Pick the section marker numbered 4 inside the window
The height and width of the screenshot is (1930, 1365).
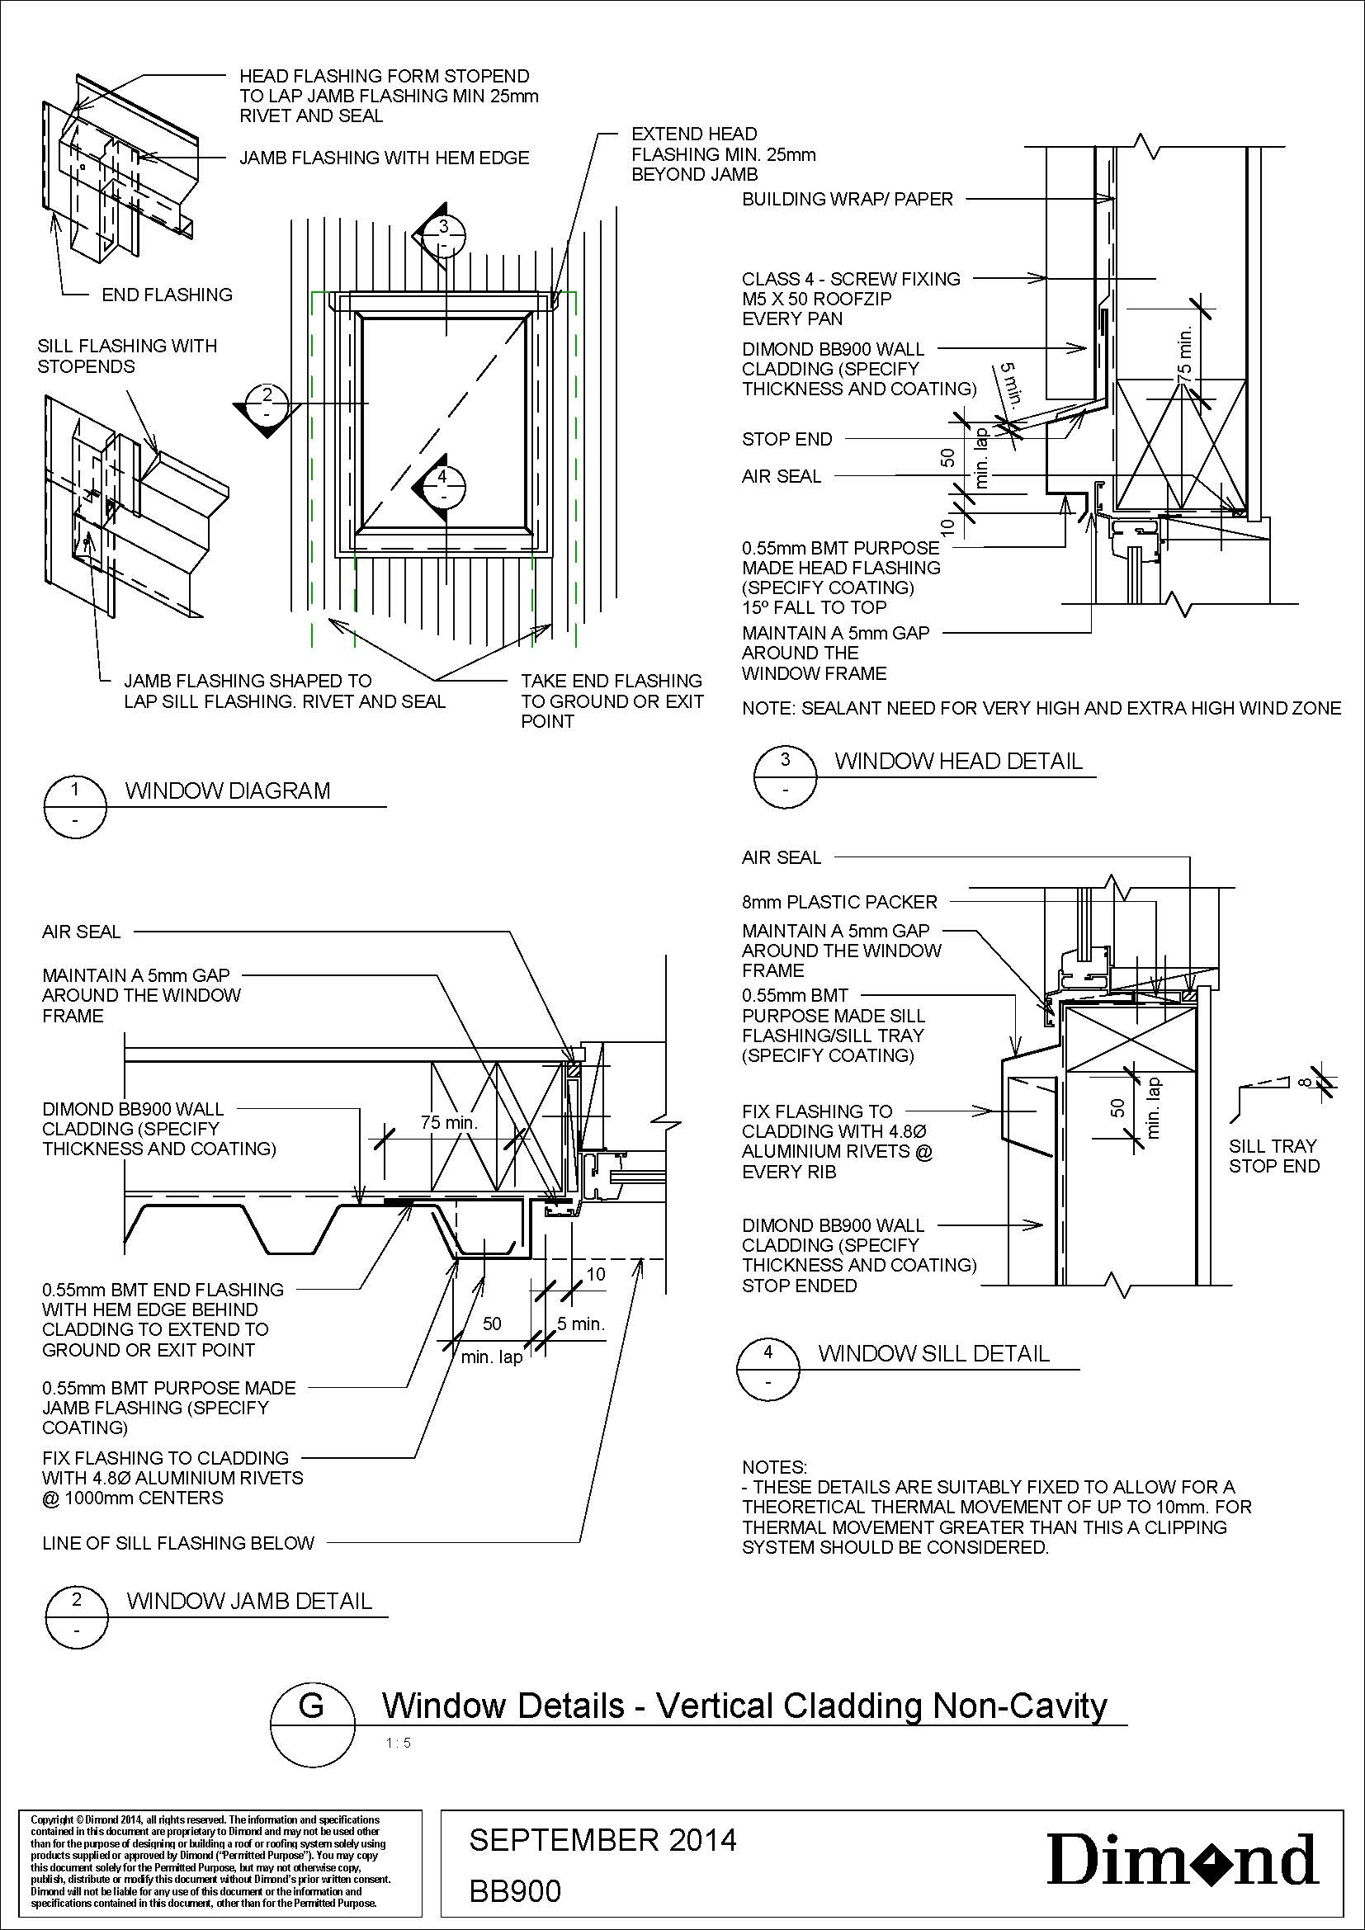tap(443, 487)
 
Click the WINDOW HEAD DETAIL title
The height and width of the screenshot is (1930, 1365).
tap(958, 762)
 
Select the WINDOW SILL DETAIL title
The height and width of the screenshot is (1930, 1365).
tap(934, 1353)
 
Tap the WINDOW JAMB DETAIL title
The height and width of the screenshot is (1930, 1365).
tap(248, 1601)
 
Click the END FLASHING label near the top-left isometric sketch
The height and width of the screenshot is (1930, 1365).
tap(167, 295)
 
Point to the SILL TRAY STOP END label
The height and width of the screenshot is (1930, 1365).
tap(1273, 1156)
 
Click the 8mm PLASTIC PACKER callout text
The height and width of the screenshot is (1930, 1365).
tap(838, 902)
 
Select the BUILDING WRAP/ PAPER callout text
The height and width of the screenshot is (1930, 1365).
tap(848, 199)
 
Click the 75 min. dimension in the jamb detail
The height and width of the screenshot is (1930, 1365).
tap(449, 1122)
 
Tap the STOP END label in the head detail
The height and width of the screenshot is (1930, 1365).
tap(786, 439)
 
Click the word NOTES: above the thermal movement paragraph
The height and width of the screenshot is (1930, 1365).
tap(774, 1468)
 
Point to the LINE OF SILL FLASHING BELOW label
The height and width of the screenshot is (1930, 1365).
tap(178, 1542)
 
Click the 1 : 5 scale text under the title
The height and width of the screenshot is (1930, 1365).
tap(399, 1743)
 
